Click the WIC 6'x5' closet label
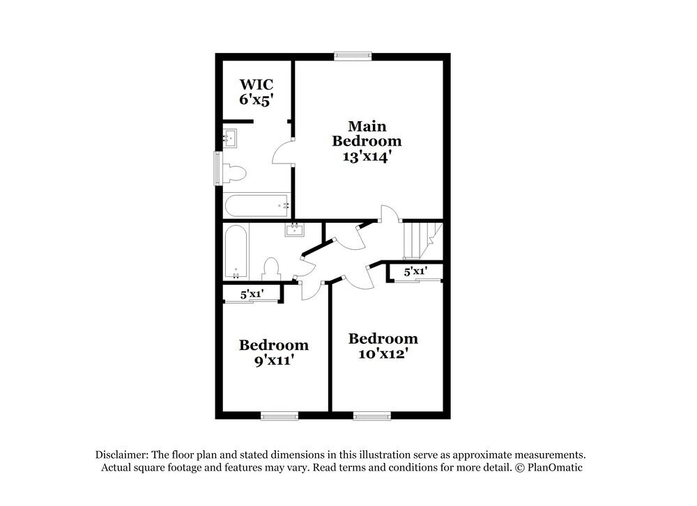pyautogui.click(x=255, y=93)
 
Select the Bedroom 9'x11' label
pyautogui.click(x=273, y=353)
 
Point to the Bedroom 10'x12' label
pyautogui.click(x=383, y=346)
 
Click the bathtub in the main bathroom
pyautogui.click(x=256, y=205)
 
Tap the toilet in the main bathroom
pyautogui.click(x=235, y=173)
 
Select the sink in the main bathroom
pyautogui.click(x=230, y=139)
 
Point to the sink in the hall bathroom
pyautogui.click(x=295, y=230)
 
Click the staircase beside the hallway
pyautogui.click(x=420, y=240)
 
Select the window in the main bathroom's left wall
pyautogui.click(x=217, y=168)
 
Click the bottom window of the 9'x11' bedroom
pyautogui.click(x=279, y=416)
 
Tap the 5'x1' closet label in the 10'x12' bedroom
pyautogui.click(x=415, y=271)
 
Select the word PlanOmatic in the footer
pyautogui.click(x=556, y=468)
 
